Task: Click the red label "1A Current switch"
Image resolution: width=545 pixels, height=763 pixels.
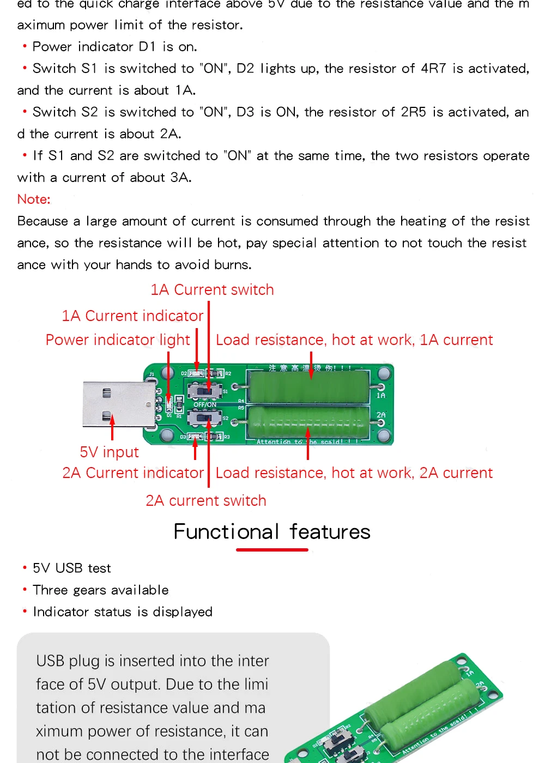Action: tap(212, 290)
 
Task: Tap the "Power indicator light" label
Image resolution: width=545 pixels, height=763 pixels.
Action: tap(118, 340)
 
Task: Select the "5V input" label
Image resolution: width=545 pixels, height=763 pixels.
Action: tap(109, 452)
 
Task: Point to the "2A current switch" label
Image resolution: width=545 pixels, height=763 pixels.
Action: tap(206, 501)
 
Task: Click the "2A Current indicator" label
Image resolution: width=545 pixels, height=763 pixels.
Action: tap(132, 473)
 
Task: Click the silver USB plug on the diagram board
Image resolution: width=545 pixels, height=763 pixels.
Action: tap(117, 404)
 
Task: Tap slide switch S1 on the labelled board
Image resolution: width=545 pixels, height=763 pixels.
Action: tap(204, 390)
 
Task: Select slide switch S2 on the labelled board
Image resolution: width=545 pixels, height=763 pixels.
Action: tap(204, 418)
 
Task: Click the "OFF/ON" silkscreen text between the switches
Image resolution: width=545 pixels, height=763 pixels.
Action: tap(205, 404)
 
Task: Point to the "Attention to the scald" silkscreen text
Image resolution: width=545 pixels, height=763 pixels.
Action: tap(305, 442)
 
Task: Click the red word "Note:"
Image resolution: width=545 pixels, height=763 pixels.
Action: tap(34, 199)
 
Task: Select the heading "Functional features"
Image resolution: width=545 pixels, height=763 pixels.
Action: tap(272, 531)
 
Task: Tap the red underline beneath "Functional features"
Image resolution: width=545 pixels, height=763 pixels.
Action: tap(272, 550)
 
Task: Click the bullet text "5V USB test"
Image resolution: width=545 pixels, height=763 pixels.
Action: tap(71, 568)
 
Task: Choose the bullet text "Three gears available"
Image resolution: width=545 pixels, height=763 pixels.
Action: tap(101, 590)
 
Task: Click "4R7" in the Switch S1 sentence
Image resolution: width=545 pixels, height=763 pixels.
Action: tap(433, 69)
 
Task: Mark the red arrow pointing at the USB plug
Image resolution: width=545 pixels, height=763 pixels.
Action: tap(112, 428)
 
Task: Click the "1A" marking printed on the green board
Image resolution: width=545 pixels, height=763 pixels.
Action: tap(381, 395)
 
